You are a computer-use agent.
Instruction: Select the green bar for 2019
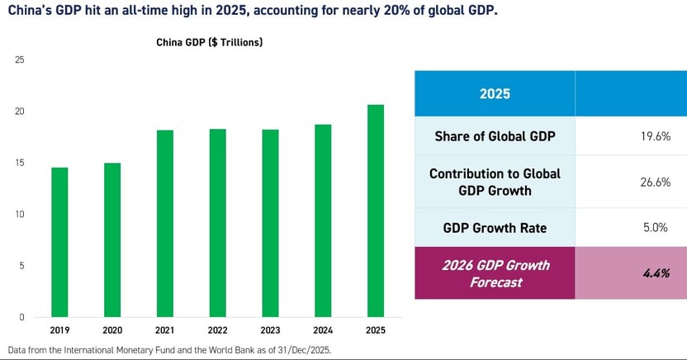pyautogui.click(x=59, y=242)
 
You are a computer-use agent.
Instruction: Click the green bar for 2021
pyautogui.click(x=163, y=223)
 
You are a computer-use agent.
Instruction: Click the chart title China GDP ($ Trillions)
pyautogui.click(x=210, y=42)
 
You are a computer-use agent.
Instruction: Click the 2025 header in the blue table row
pyautogui.click(x=495, y=93)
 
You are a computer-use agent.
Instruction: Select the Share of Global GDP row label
pyautogui.click(x=495, y=136)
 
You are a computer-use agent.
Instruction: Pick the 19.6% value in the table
pyautogui.click(x=651, y=136)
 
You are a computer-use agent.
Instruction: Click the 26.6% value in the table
pyautogui.click(x=651, y=182)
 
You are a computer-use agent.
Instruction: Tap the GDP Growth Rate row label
pyautogui.click(x=495, y=227)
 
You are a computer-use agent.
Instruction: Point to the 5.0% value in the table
pyautogui.click(x=653, y=227)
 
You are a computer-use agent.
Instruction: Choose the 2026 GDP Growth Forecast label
pyautogui.click(x=495, y=272)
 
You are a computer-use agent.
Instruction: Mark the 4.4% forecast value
pyautogui.click(x=651, y=272)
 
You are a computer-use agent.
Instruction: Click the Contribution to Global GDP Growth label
pyautogui.click(x=495, y=182)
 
